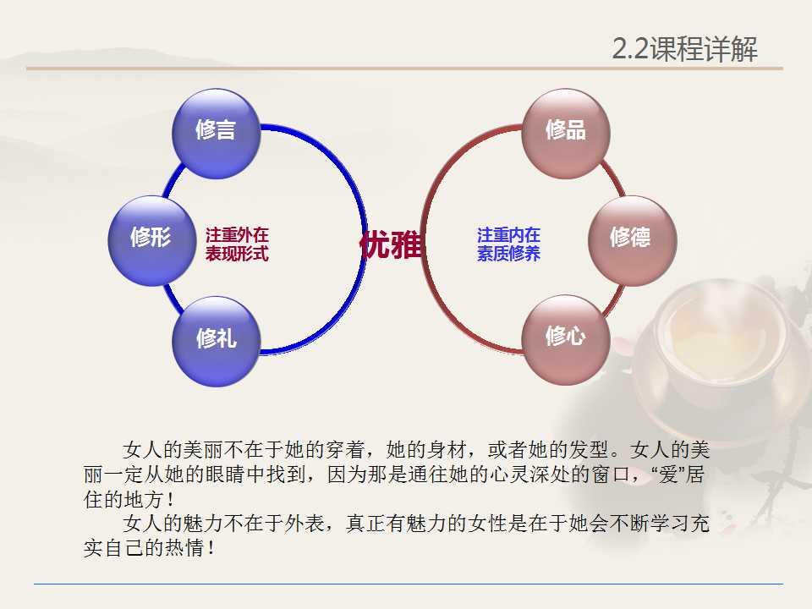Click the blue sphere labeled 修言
point(216,134)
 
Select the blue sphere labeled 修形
point(151,240)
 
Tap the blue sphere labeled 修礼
point(216,341)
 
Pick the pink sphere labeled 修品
point(566,134)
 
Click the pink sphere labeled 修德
point(633,240)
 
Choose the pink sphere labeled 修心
point(566,340)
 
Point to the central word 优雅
point(391,244)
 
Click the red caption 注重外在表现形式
point(237,244)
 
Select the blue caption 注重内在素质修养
point(508,244)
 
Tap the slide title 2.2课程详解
point(684,49)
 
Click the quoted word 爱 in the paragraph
point(668,474)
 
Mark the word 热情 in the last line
point(184,548)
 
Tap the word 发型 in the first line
point(589,449)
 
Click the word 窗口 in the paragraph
point(611,474)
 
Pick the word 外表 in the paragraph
point(305,523)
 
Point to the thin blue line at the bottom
point(408,584)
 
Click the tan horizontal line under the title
point(404,68)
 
